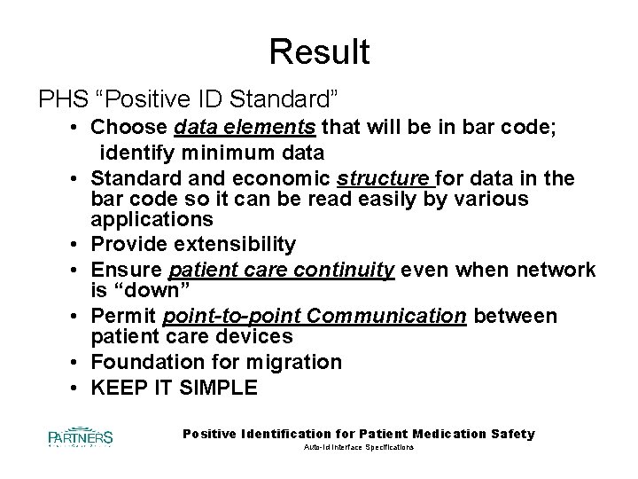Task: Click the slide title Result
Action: (319, 52)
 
